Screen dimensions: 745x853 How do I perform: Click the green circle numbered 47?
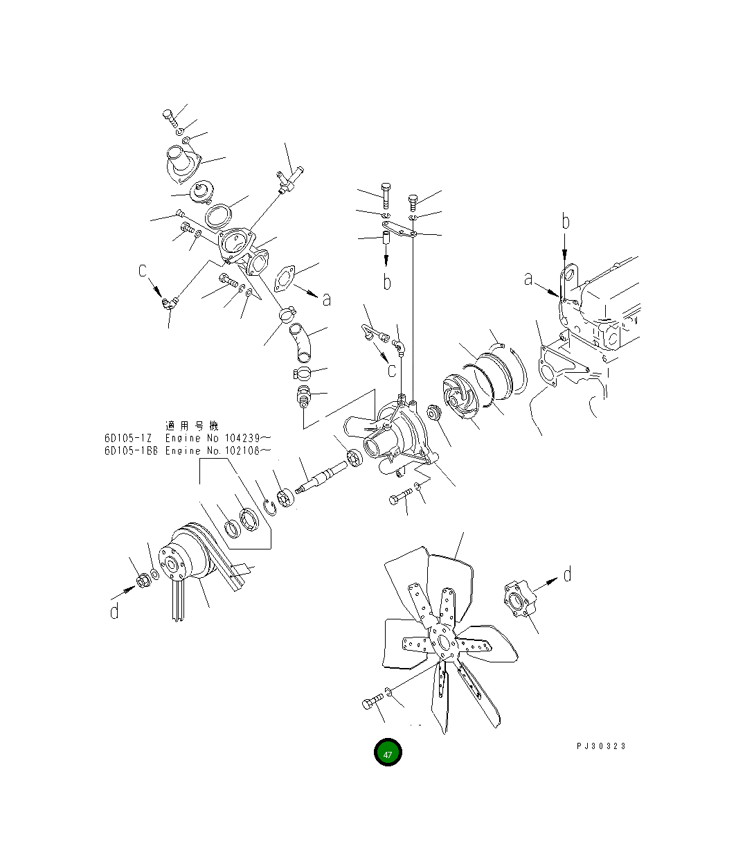[387, 752]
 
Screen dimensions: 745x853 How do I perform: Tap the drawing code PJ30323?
[601, 746]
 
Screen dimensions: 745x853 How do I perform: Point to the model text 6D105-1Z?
[128, 438]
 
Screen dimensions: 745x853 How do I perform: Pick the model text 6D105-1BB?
[131, 450]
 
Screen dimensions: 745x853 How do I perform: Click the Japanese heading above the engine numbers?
[192, 425]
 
